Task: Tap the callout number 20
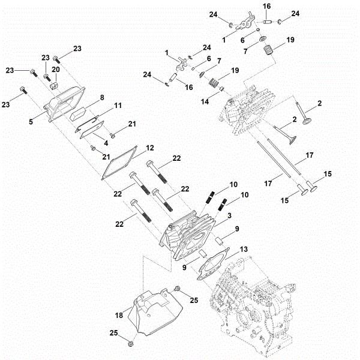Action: (56, 70)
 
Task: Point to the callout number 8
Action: (102, 97)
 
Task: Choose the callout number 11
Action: (118, 106)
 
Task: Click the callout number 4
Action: (106, 142)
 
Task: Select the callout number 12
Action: (150, 147)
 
